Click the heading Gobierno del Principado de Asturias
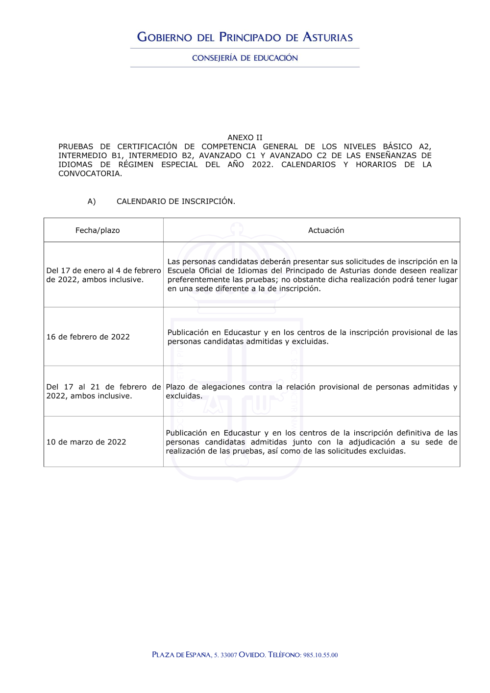(245, 37)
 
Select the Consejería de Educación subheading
(245, 58)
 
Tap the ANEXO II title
(245, 138)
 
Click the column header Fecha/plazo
(98, 230)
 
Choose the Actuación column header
(326, 230)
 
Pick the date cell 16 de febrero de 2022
(88, 337)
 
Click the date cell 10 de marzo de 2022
(86, 442)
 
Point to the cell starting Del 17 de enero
(103, 275)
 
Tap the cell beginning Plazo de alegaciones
(311, 391)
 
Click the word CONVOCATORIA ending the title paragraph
(90, 173)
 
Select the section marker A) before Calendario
(92, 201)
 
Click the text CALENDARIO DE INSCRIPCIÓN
(176, 201)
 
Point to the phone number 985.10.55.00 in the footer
(320, 655)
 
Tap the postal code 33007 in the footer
(229, 655)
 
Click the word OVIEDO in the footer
(252, 655)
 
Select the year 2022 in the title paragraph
(262, 165)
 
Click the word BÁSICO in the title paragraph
(397, 147)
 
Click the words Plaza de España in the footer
(181, 655)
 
